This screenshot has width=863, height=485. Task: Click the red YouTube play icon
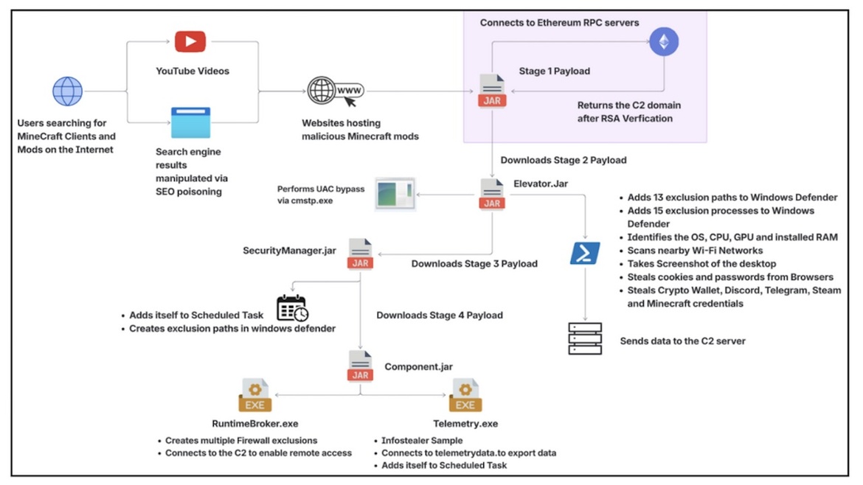[x=190, y=41]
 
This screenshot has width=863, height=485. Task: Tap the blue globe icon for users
[x=68, y=91]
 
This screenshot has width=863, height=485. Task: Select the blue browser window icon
[x=190, y=122]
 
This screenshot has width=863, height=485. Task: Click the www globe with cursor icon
[x=335, y=91]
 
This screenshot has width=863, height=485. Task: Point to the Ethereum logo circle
[x=664, y=41]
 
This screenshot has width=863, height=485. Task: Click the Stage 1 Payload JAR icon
[x=492, y=90]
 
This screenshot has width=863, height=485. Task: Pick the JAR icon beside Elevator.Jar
[x=492, y=194]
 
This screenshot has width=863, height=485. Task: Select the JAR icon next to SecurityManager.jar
[x=361, y=254]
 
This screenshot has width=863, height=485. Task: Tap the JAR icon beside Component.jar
[x=361, y=366]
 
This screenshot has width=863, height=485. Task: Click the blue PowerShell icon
[x=584, y=254]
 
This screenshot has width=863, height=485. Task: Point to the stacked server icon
[x=585, y=339]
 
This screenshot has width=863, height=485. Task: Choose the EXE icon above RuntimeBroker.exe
[x=254, y=395]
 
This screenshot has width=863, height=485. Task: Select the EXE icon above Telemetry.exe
[x=465, y=395]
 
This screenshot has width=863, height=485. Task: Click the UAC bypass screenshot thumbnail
[x=395, y=194]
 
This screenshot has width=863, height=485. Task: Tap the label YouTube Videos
[x=193, y=71]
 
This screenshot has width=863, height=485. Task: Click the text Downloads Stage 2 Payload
[x=564, y=160]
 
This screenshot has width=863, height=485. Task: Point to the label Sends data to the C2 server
[x=683, y=341]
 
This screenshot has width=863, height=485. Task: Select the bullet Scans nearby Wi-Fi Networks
[x=695, y=251]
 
